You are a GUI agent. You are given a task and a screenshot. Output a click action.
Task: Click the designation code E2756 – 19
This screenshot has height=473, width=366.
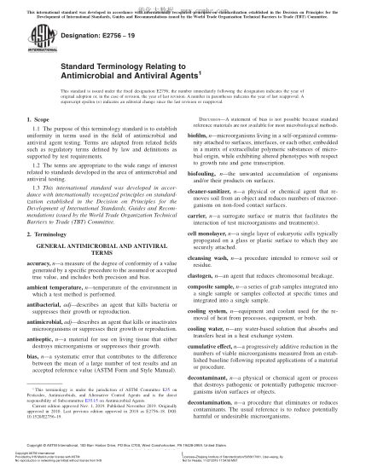(x=105, y=38)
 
